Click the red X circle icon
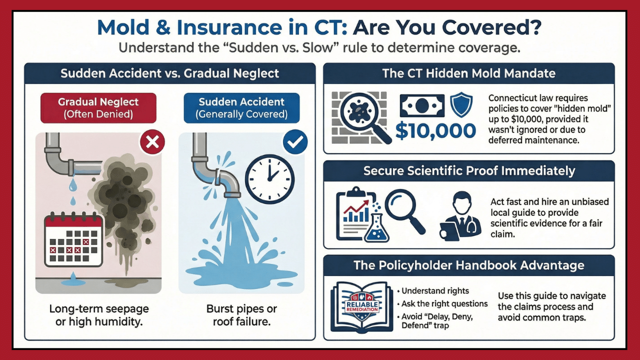click(x=152, y=143)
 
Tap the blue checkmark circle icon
click(x=294, y=143)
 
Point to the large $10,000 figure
click(x=435, y=130)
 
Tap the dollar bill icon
click(x=421, y=106)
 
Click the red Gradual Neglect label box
click(x=98, y=107)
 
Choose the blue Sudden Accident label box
click(x=241, y=107)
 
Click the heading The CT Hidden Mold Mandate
click(x=468, y=73)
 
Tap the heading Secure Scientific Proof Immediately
click(x=469, y=171)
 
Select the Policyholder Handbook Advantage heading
click(x=468, y=265)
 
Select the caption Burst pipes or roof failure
click(x=241, y=315)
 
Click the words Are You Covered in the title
click(x=446, y=27)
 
